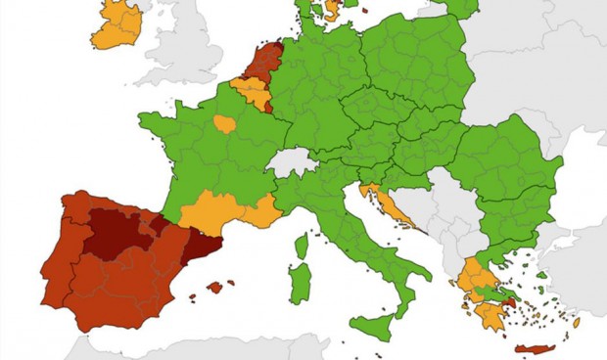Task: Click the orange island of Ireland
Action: (x=115, y=26)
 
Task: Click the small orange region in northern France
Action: (x=225, y=124)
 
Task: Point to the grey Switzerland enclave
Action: (x=290, y=161)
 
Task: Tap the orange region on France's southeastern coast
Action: (x=261, y=211)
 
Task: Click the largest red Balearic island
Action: (x=216, y=288)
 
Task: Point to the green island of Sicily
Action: (x=374, y=326)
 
